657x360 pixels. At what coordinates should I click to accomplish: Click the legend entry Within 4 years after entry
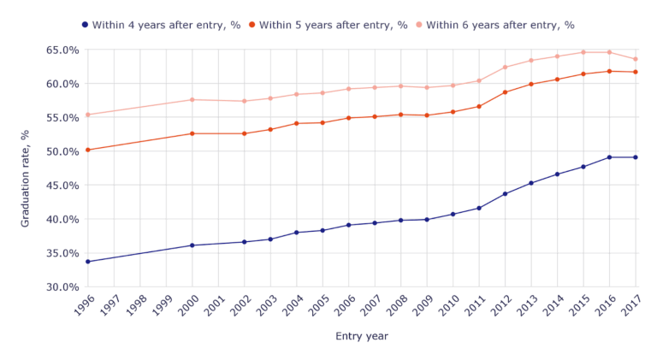click(x=161, y=25)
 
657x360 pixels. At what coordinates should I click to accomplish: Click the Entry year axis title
click(x=361, y=336)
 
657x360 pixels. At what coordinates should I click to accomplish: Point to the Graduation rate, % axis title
click(x=26, y=178)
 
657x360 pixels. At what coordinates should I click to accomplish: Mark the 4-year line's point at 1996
click(x=87, y=262)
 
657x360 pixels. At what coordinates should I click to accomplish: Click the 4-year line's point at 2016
click(x=610, y=157)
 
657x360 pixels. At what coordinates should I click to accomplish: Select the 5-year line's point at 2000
click(x=192, y=133)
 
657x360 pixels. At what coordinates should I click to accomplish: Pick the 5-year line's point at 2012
click(x=506, y=92)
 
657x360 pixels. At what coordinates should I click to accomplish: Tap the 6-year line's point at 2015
click(x=583, y=52)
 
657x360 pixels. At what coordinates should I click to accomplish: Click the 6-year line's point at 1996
click(x=87, y=115)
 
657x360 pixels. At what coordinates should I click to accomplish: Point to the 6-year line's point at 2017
click(x=636, y=59)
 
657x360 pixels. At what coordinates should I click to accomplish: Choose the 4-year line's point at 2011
click(x=479, y=208)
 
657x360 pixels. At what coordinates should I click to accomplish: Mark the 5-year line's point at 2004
click(x=297, y=123)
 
